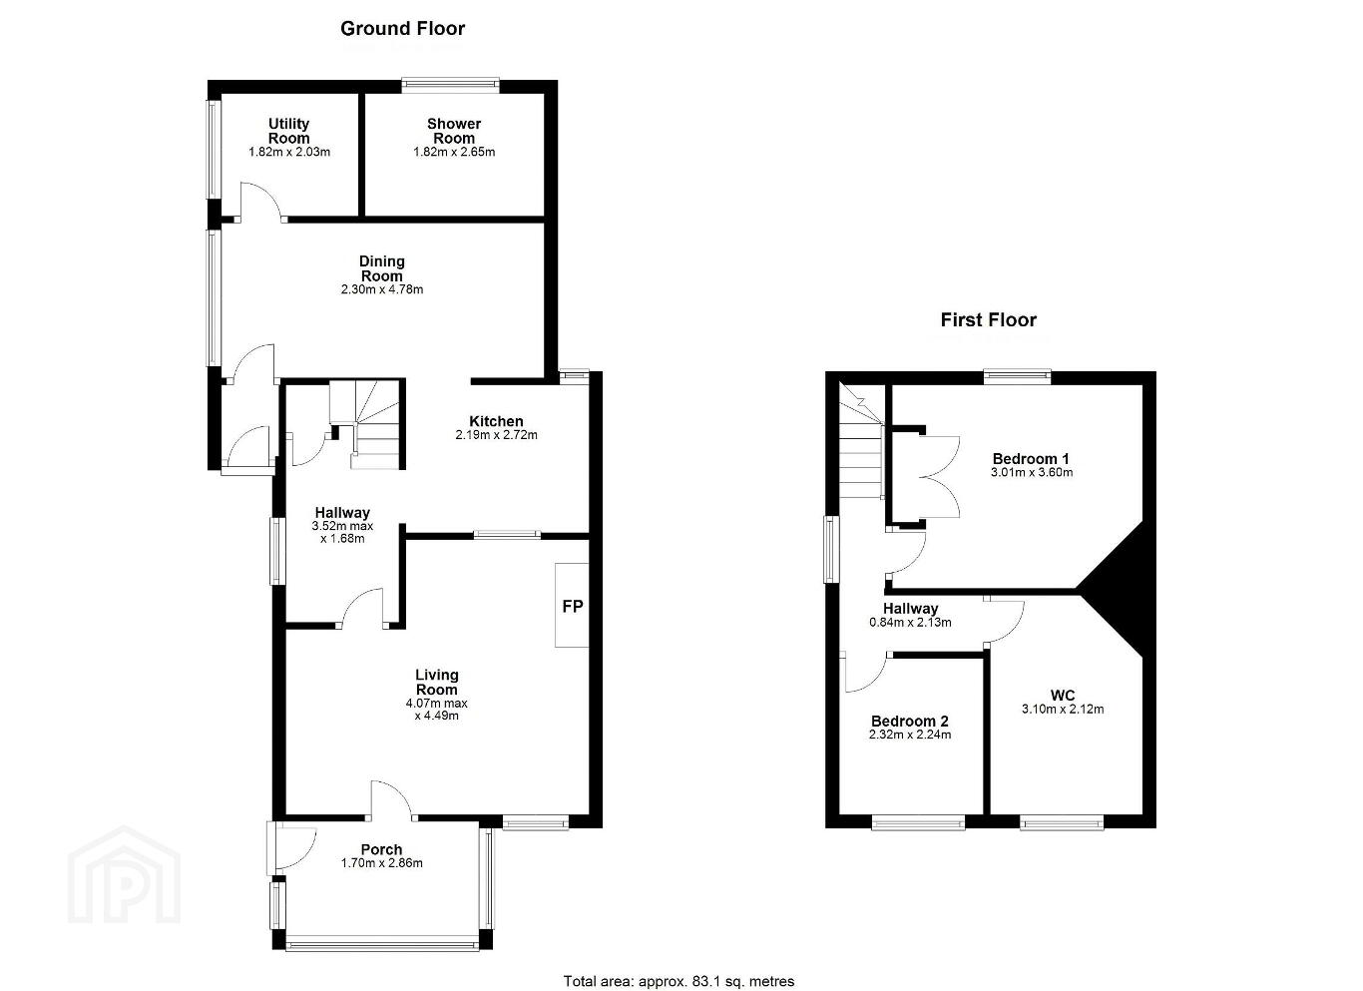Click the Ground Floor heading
[x=402, y=29]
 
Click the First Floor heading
[x=988, y=320]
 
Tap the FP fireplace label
[x=572, y=606]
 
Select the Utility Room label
[x=289, y=131]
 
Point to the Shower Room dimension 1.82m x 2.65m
[x=454, y=152]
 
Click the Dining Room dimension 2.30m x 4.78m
[x=381, y=289]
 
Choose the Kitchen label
[x=496, y=421]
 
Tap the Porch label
[x=381, y=849]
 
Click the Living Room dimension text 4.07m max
[x=437, y=704]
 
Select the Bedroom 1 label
[x=1031, y=459]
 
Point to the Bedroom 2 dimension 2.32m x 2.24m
[x=910, y=735]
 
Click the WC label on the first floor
[x=1063, y=696]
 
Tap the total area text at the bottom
[x=679, y=964]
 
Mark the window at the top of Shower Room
[x=450, y=86]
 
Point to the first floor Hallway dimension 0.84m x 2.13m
[x=910, y=622]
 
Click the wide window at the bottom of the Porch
[x=383, y=945]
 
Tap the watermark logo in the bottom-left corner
[x=124, y=874]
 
